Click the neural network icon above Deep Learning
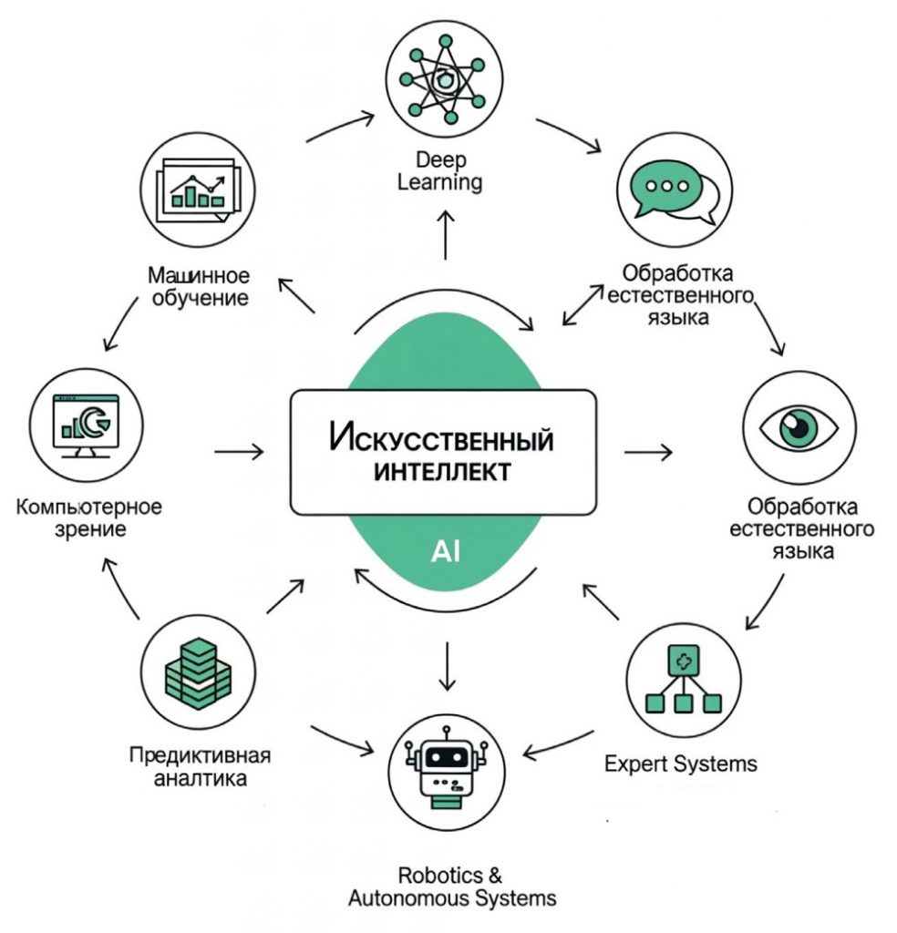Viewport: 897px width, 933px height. click(x=446, y=78)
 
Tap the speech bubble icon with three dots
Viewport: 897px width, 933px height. click(x=675, y=187)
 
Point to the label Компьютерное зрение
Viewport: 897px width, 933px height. click(x=88, y=517)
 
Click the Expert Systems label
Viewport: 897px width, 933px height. click(x=681, y=763)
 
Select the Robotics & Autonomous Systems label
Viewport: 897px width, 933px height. click(x=451, y=887)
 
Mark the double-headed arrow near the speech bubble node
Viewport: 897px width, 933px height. click(x=582, y=304)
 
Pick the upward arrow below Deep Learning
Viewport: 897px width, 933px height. click(x=446, y=236)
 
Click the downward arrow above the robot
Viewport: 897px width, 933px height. click(x=447, y=666)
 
